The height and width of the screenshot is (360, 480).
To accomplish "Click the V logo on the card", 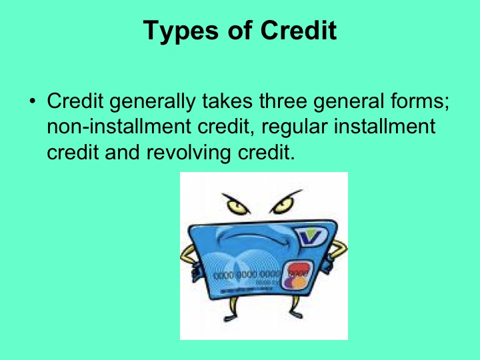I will coord(311,235).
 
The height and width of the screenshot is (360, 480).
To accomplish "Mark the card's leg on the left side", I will coord(235,313).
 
